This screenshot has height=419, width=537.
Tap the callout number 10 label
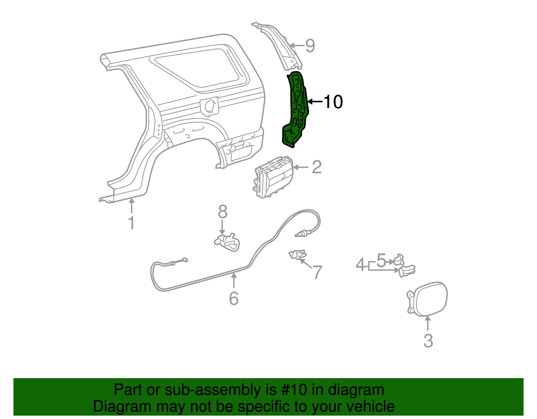click(333, 102)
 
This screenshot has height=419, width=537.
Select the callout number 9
click(310, 46)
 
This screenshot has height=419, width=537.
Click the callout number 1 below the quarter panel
click(132, 223)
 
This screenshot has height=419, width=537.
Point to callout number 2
click(316, 167)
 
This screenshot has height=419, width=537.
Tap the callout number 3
click(428, 341)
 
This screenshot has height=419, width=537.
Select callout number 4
click(360, 265)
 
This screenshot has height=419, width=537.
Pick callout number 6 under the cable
click(234, 298)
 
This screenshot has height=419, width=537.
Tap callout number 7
click(317, 272)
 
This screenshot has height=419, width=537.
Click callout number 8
click(223, 212)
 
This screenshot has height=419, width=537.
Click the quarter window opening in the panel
click(201, 69)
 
